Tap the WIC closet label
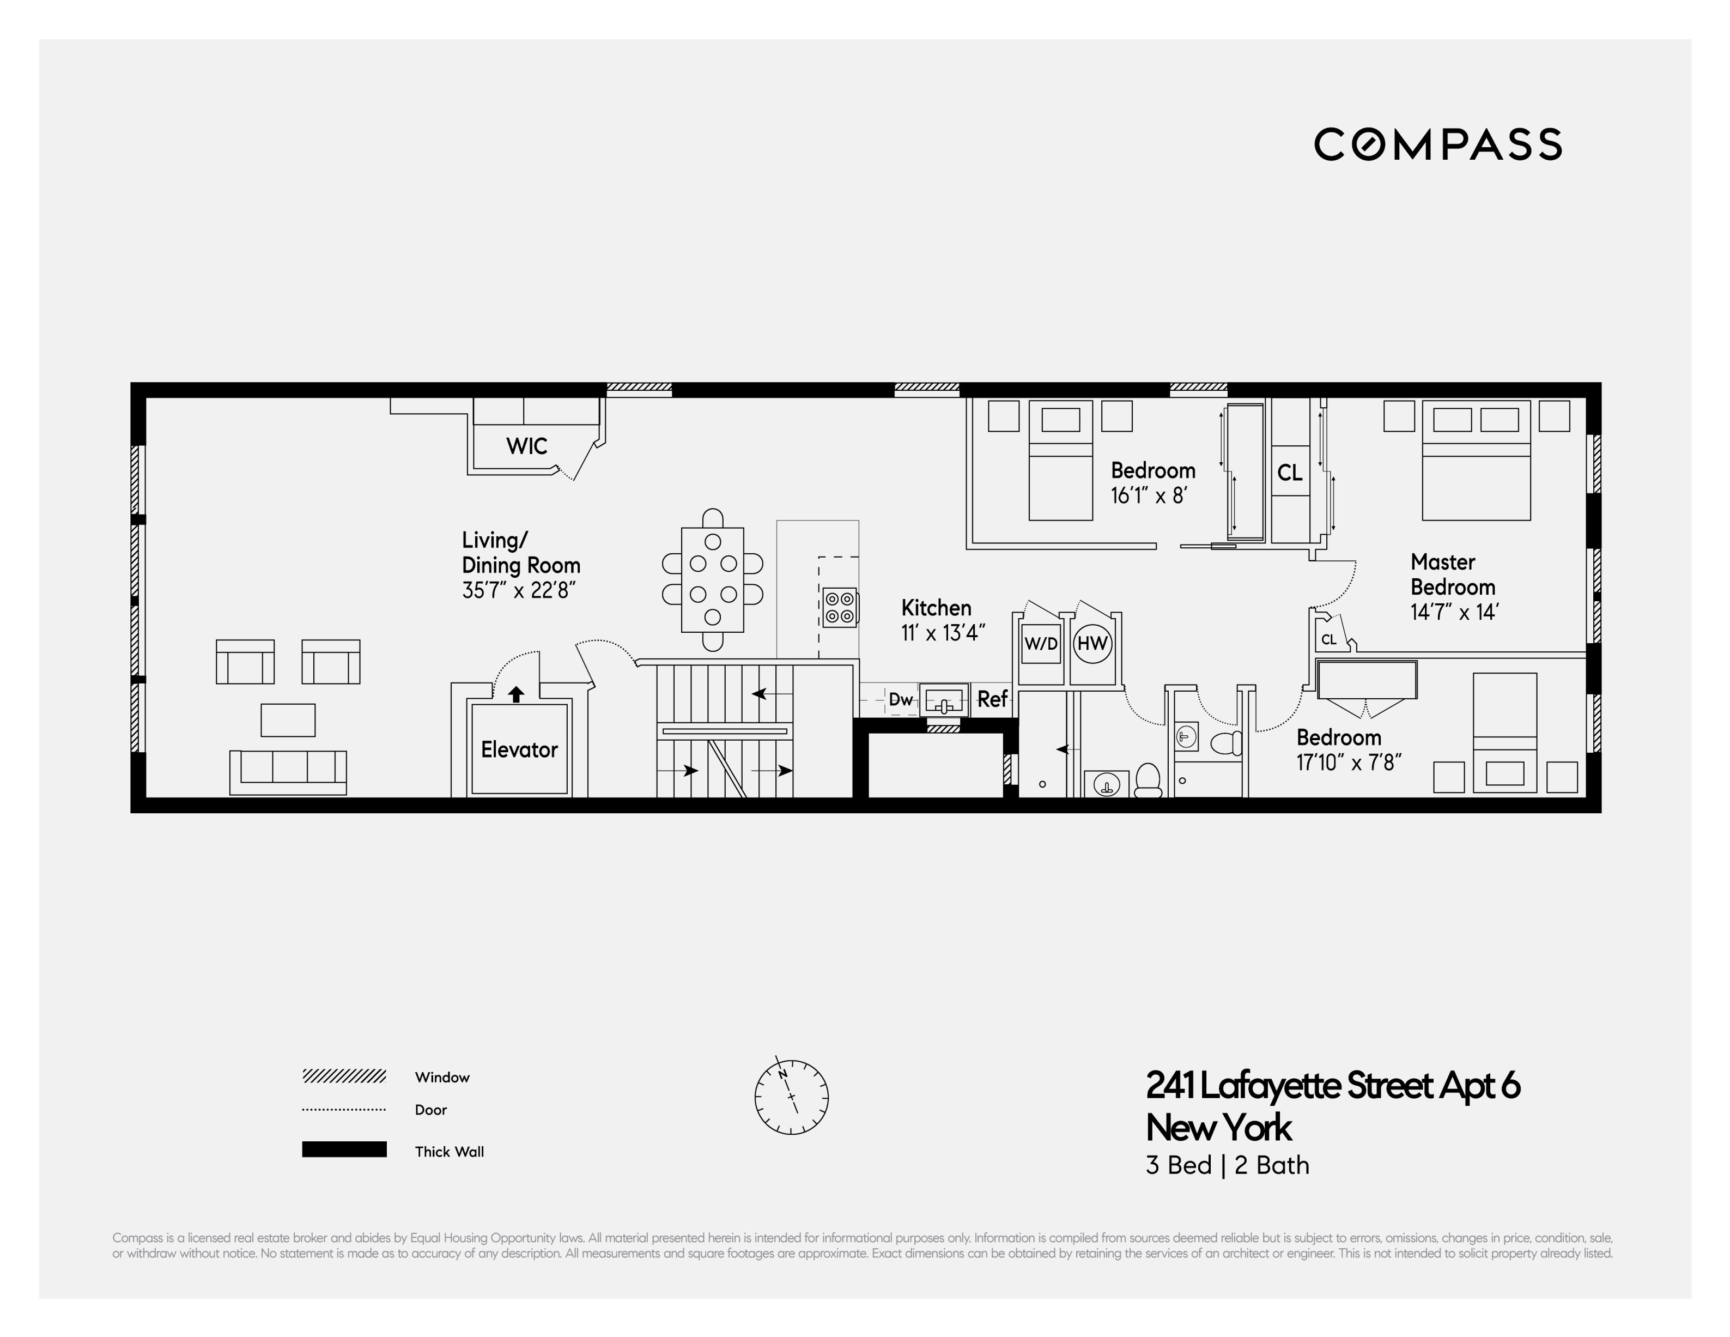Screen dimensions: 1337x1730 527,446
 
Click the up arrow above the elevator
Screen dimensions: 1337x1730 515,694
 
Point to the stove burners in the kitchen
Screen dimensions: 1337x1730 840,607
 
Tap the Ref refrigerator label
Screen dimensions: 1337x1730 992,699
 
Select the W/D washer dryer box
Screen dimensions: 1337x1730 1041,644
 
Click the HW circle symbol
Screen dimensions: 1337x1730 1092,644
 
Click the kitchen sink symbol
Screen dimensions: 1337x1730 944,700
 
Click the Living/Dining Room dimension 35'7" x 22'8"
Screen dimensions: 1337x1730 519,590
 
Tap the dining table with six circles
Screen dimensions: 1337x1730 712,579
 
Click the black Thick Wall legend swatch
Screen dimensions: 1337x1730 344,1149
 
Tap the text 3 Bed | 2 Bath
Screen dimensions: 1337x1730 1227,1165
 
